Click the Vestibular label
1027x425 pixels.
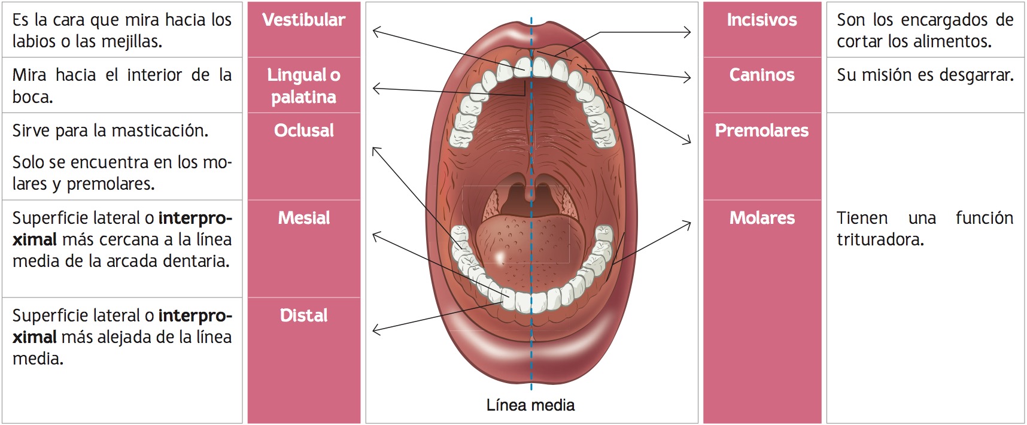[x=303, y=20]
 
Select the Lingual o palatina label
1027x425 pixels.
[x=303, y=86]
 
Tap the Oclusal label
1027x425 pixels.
[x=303, y=130]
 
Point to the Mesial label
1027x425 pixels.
[x=303, y=218]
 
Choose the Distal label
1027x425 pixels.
[x=303, y=315]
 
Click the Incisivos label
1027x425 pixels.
[x=761, y=20]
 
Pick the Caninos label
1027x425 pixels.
[x=761, y=75]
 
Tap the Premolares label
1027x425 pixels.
[x=761, y=130]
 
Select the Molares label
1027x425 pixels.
[x=761, y=218]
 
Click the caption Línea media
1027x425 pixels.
[x=530, y=405]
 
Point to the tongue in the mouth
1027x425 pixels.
[x=527, y=245]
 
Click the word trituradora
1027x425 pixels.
[x=880, y=240]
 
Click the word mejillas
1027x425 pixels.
[x=129, y=42]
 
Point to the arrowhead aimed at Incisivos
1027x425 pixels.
[x=688, y=32]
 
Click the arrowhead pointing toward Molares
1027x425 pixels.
[x=688, y=224]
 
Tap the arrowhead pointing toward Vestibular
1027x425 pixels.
[x=375, y=30]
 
